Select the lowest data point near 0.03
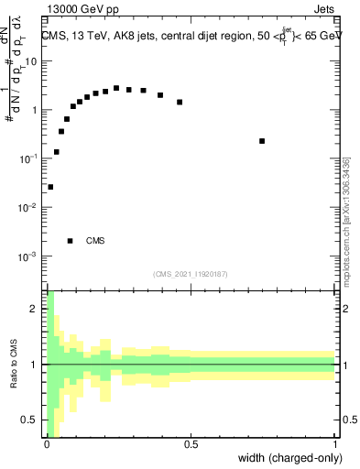tap(50, 187)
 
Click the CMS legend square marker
tap(71, 241)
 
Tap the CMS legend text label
tap(95, 241)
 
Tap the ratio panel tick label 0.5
tap(31, 420)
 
